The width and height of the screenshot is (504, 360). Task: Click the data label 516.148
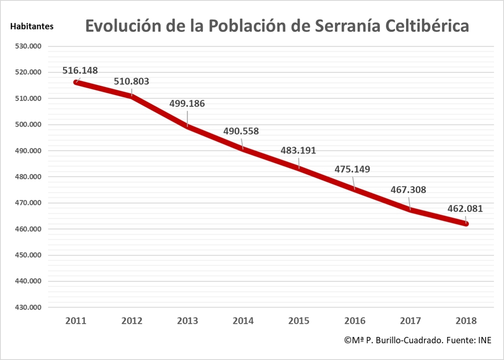pyautogui.click(x=80, y=70)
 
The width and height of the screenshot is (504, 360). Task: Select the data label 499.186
pyautogui.click(x=187, y=103)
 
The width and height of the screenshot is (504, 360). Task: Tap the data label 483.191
pyautogui.click(x=299, y=150)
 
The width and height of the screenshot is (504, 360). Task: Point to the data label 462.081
pyautogui.click(x=465, y=208)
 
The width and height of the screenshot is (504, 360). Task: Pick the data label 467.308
pyautogui.click(x=409, y=190)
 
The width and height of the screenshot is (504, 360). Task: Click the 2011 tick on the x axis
pyautogui.click(x=76, y=321)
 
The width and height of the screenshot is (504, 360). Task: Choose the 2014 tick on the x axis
pyautogui.click(x=243, y=321)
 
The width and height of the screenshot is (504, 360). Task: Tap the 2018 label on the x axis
pyautogui.click(x=466, y=321)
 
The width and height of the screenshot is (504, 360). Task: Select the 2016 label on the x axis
pyautogui.click(x=355, y=321)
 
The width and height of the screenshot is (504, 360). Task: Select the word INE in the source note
pyautogui.click(x=484, y=340)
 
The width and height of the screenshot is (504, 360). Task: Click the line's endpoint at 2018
pyautogui.click(x=466, y=223)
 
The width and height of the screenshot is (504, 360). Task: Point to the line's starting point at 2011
pyautogui.click(x=76, y=82)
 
